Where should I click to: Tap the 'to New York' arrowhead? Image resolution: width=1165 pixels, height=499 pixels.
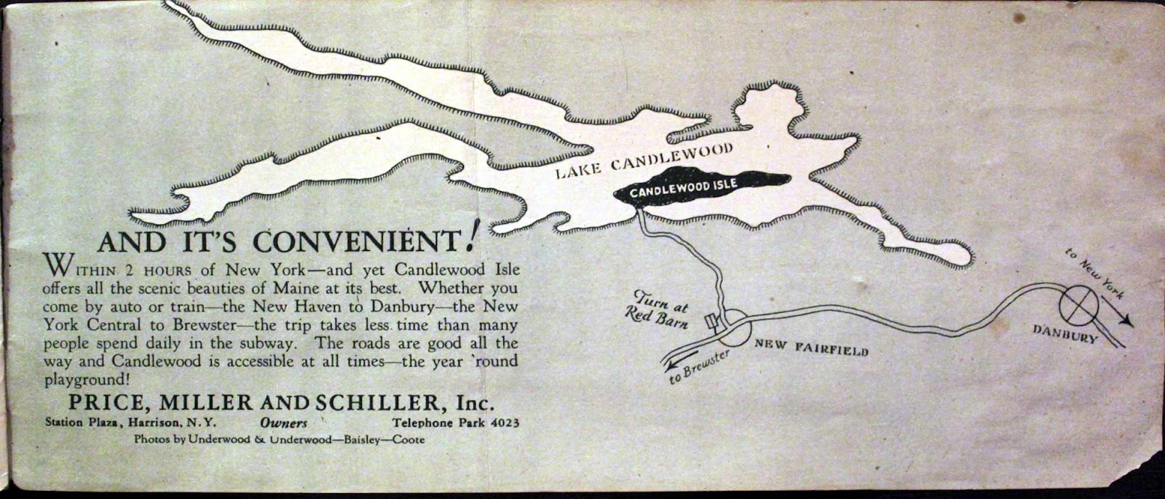1126,320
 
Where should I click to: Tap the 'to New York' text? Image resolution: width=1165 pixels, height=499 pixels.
1094,275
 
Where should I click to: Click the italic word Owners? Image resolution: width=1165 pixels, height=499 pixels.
283,423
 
